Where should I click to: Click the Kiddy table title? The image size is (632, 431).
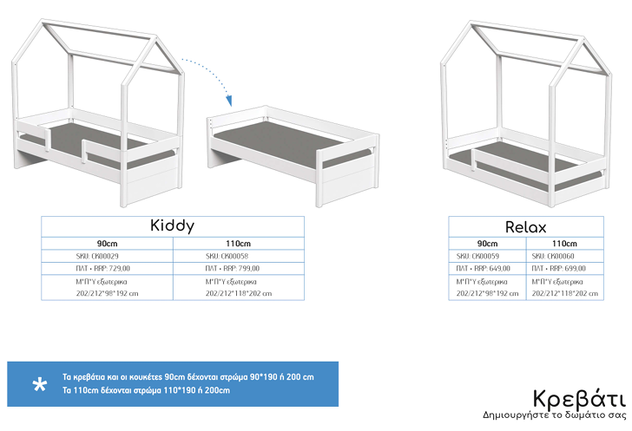(172, 225)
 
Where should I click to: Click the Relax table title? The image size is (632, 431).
(526, 227)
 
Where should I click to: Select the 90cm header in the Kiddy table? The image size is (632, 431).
(108, 244)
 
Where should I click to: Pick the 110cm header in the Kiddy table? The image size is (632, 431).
(238, 244)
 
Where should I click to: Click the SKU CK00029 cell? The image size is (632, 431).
(97, 257)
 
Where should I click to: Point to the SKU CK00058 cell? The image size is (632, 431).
(227, 257)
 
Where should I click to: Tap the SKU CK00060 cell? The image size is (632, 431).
(552, 257)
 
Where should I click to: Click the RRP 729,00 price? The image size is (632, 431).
(96, 270)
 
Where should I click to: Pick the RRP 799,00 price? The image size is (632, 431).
(227, 270)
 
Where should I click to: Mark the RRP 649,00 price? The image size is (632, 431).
(477, 270)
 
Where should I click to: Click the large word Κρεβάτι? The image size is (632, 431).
(578, 400)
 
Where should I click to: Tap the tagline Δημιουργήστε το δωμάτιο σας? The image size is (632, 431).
(554, 415)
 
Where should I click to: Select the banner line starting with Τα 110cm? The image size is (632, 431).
(146, 391)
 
